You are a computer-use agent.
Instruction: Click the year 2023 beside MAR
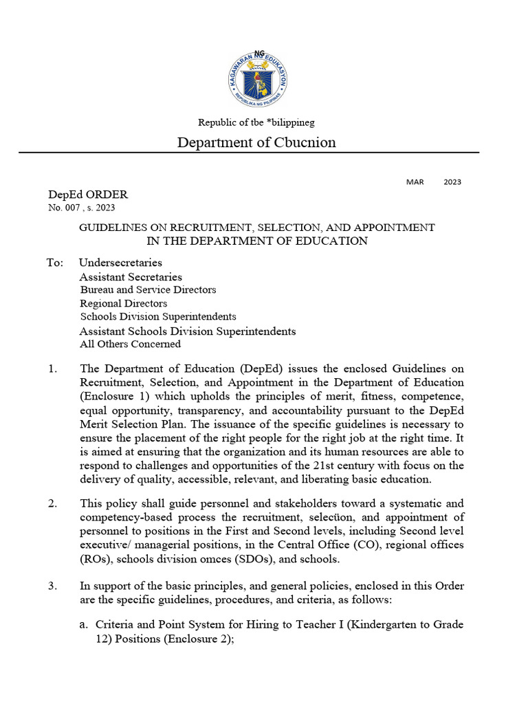(x=452, y=182)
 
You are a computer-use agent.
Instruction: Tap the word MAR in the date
(x=415, y=182)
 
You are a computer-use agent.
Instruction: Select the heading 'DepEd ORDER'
(x=88, y=195)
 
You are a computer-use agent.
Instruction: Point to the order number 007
(x=72, y=207)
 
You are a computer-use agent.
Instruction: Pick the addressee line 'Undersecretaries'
(x=120, y=263)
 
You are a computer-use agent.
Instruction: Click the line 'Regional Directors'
(x=123, y=303)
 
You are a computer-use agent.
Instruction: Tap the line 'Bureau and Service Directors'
(x=148, y=290)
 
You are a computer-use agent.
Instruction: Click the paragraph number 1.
(x=53, y=369)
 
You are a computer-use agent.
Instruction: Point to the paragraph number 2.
(x=53, y=504)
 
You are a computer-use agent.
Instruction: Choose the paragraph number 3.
(x=53, y=586)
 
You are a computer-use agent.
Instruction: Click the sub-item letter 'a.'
(x=86, y=625)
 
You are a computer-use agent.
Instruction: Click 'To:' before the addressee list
(x=55, y=263)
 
